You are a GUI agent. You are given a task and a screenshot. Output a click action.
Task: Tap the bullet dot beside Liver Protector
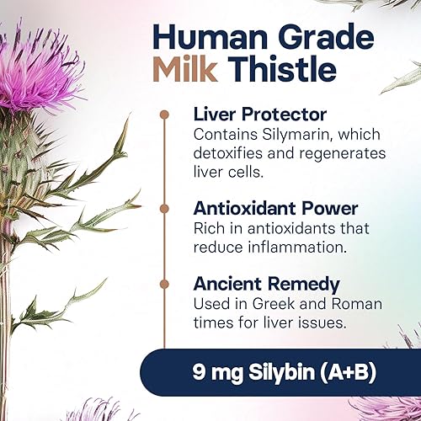tap(163, 113)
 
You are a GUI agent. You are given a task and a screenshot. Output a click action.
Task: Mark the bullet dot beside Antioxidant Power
tap(163, 205)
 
